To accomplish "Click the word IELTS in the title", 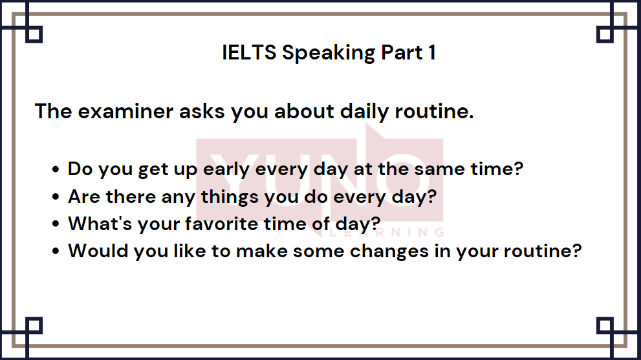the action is click(x=249, y=52).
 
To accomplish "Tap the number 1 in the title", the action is click(x=431, y=52).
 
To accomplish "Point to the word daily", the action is click(x=364, y=112).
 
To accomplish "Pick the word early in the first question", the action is click(x=226, y=169).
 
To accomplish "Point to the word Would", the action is click(x=98, y=251).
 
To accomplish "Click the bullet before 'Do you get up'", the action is click(x=56, y=169).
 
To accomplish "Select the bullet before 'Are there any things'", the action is click(x=56, y=196).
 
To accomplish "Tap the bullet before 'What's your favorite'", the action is click(x=56, y=224).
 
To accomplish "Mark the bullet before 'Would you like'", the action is click(x=56, y=251).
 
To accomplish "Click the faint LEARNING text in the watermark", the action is click(x=387, y=233).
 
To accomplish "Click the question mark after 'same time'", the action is click(x=518, y=169).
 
